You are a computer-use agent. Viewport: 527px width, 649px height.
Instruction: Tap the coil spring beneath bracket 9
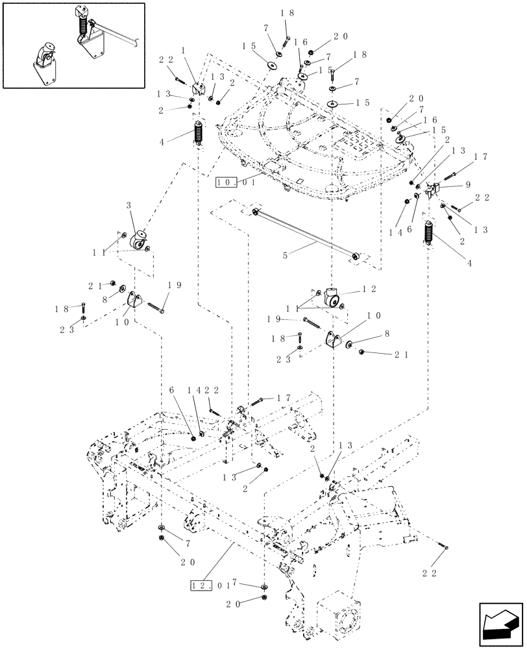(x=428, y=233)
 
